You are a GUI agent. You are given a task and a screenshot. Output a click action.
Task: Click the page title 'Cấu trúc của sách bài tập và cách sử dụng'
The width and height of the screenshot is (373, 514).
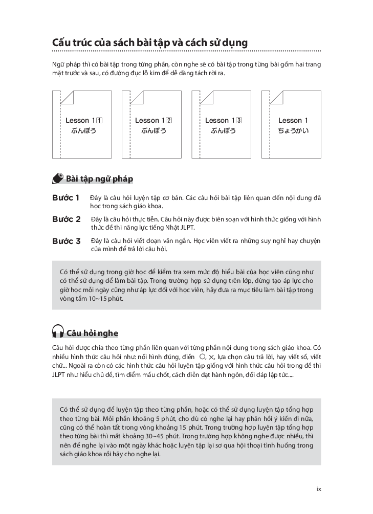pyautogui.click(x=150, y=42)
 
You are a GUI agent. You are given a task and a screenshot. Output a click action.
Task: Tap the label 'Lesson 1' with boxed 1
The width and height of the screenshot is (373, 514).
pyautogui.click(x=84, y=121)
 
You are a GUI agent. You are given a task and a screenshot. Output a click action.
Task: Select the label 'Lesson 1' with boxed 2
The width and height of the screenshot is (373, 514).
pyautogui.click(x=153, y=121)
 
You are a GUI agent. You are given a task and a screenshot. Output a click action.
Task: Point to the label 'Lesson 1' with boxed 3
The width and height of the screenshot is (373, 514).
pyautogui.click(x=224, y=121)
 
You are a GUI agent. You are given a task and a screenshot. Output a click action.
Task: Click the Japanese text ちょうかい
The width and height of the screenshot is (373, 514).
pyautogui.click(x=293, y=131)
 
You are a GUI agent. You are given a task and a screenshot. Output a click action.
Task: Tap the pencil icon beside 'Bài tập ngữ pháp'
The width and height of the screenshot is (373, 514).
pyautogui.click(x=58, y=178)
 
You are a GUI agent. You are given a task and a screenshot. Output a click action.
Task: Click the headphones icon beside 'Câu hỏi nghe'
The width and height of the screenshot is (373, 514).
pyautogui.click(x=58, y=332)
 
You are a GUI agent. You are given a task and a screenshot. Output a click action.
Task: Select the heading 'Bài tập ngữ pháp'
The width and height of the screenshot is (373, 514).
pyautogui.click(x=100, y=178)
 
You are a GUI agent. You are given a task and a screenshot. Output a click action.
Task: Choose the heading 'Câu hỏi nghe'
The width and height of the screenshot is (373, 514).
pyautogui.click(x=93, y=333)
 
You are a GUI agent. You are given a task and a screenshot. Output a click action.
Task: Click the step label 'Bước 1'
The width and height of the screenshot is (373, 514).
pyautogui.click(x=66, y=197)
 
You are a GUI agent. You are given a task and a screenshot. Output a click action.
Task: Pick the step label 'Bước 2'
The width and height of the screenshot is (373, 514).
pyautogui.click(x=67, y=219)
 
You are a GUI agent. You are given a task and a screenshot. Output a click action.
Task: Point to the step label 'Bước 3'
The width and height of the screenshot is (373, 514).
pyautogui.click(x=67, y=241)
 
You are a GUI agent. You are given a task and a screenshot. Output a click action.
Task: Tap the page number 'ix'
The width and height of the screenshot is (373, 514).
pyautogui.click(x=318, y=489)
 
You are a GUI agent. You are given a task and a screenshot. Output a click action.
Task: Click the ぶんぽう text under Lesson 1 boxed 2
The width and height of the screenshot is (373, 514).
pyautogui.click(x=153, y=131)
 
